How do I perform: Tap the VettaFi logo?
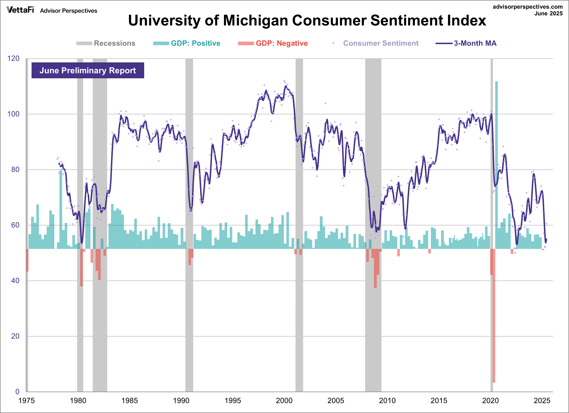tap(20, 10)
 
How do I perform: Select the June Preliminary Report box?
tap(88, 70)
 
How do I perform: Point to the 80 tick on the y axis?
tap(15, 170)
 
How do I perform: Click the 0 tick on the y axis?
tap(17, 391)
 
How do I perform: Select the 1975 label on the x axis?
tap(26, 400)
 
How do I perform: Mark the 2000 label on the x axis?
tap(284, 400)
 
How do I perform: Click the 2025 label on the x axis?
tap(542, 400)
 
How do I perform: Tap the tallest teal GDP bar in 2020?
tap(496, 163)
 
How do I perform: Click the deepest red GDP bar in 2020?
tap(494, 316)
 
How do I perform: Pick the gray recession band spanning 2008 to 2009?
tap(373, 326)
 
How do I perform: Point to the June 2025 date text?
tap(548, 14)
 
